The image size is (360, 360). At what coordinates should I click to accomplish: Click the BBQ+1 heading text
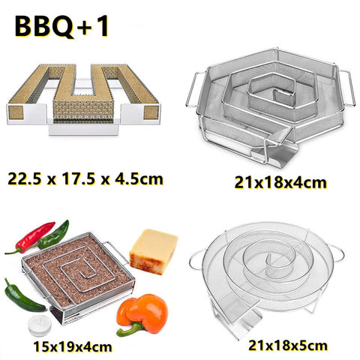click(61, 26)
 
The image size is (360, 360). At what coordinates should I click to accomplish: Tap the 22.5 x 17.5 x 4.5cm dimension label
click(85, 179)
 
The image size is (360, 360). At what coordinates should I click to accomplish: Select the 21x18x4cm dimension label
click(280, 182)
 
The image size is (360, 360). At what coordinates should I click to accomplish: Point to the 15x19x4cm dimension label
click(73, 346)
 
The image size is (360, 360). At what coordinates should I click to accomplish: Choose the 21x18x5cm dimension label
click(288, 346)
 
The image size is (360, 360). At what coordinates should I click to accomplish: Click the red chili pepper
click(31, 236)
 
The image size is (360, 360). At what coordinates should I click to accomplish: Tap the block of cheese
click(153, 251)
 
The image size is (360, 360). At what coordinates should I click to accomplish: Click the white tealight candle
click(40, 325)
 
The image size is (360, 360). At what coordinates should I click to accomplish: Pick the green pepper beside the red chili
click(54, 235)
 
